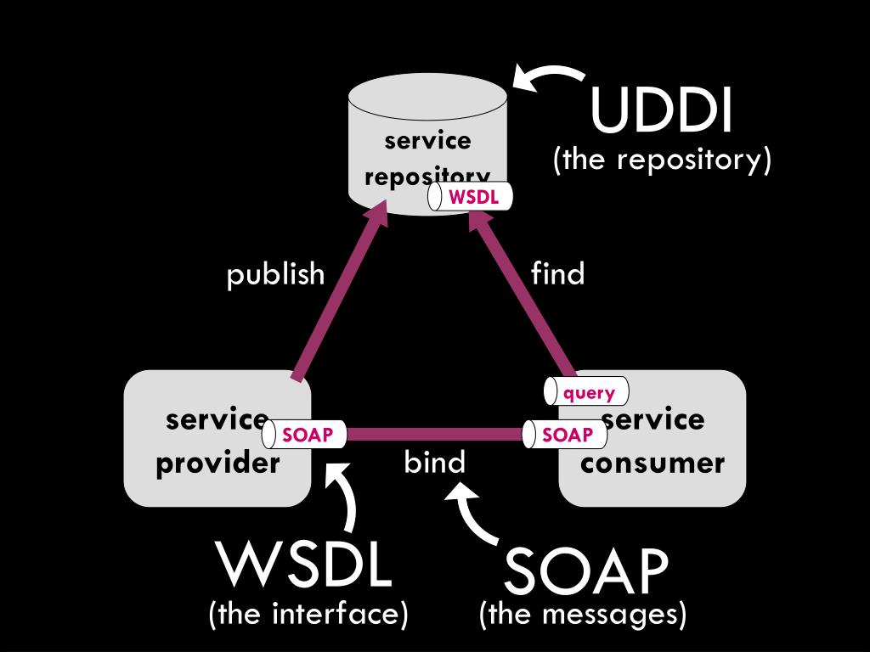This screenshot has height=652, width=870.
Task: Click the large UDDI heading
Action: point(661,110)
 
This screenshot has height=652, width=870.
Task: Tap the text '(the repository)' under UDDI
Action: point(662,160)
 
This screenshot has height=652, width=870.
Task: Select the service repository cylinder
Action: point(428,144)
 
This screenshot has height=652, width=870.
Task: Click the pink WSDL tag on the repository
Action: point(469,197)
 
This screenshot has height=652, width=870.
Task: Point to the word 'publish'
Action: point(276,274)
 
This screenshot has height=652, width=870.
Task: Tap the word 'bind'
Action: point(434,462)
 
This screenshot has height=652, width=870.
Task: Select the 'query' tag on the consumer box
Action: point(586,391)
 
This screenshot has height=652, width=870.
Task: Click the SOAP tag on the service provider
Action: point(304,435)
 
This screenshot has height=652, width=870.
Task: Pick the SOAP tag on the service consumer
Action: point(565,435)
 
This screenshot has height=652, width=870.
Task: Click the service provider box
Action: point(217,439)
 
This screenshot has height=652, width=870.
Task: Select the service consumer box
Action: point(652,439)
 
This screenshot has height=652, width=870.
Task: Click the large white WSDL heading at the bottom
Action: point(305,565)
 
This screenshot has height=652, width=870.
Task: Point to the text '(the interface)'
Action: point(308,614)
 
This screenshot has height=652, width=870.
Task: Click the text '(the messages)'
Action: point(583,614)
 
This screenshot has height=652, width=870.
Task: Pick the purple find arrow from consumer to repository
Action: point(523,291)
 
